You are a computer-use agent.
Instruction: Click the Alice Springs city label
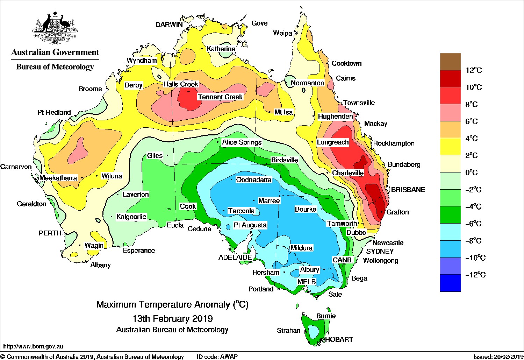[242, 142]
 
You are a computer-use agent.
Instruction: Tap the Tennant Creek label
[220, 97]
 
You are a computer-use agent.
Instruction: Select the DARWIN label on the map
[169, 24]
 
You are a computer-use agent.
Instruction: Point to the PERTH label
[50, 233]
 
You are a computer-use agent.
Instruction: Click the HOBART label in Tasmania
[339, 339]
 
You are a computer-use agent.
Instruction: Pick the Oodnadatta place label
[254, 180]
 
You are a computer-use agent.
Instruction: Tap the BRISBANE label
[408, 190]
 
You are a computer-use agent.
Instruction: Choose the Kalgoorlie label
[131, 217]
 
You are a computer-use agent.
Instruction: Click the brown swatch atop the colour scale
[450, 62]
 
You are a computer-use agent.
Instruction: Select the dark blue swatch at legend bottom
[450, 283]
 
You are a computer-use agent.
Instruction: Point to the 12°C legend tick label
[473, 70]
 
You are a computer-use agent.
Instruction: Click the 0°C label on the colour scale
[471, 173]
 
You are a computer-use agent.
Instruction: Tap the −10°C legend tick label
[475, 258]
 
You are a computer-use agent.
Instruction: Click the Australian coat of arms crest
[55, 28]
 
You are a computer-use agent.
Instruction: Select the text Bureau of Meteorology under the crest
[55, 67]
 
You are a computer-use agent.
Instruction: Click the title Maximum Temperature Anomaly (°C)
[172, 305]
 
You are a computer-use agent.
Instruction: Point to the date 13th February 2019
[172, 319]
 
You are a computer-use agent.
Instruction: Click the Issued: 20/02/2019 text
[498, 357]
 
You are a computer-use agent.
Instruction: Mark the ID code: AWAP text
[217, 357]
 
